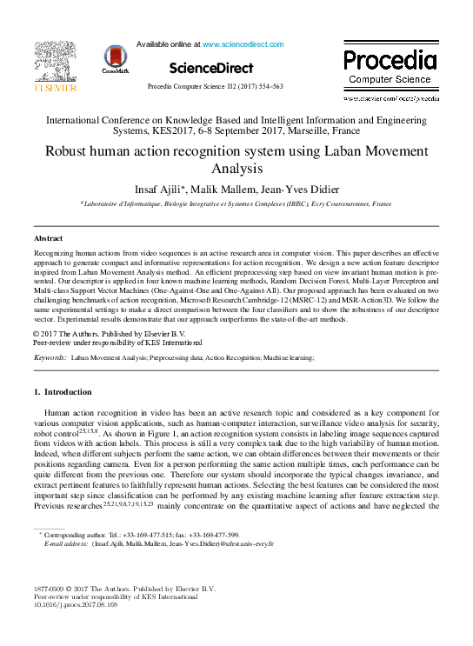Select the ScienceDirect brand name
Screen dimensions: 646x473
[211, 68]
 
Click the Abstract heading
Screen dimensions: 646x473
[48, 237]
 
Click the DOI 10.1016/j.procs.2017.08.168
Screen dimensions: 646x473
[77, 606]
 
